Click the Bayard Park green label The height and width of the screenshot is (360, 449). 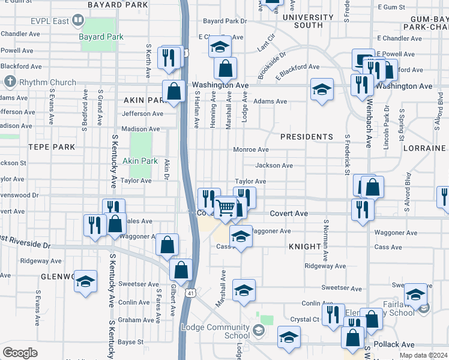(101, 37)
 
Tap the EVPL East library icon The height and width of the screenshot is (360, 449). (77, 22)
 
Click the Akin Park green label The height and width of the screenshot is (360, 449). (140, 161)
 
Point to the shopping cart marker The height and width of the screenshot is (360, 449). (226, 208)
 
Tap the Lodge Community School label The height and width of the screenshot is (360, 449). (216, 331)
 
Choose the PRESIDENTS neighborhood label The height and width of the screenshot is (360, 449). (306, 137)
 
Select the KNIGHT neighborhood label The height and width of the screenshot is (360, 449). (305, 247)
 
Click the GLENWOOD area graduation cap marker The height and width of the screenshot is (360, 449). (86, 281)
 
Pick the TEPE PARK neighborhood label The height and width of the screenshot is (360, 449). (51, 146)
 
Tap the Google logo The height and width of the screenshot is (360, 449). (20, 353)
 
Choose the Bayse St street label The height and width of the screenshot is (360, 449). (130, 342)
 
